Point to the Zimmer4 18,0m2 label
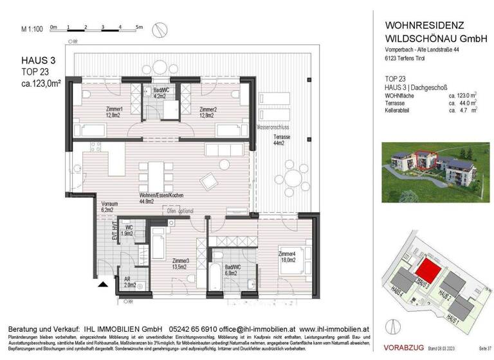(288, 256)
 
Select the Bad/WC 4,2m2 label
(160, 94)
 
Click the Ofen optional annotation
(181, 211)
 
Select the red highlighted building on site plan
(425, 267)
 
